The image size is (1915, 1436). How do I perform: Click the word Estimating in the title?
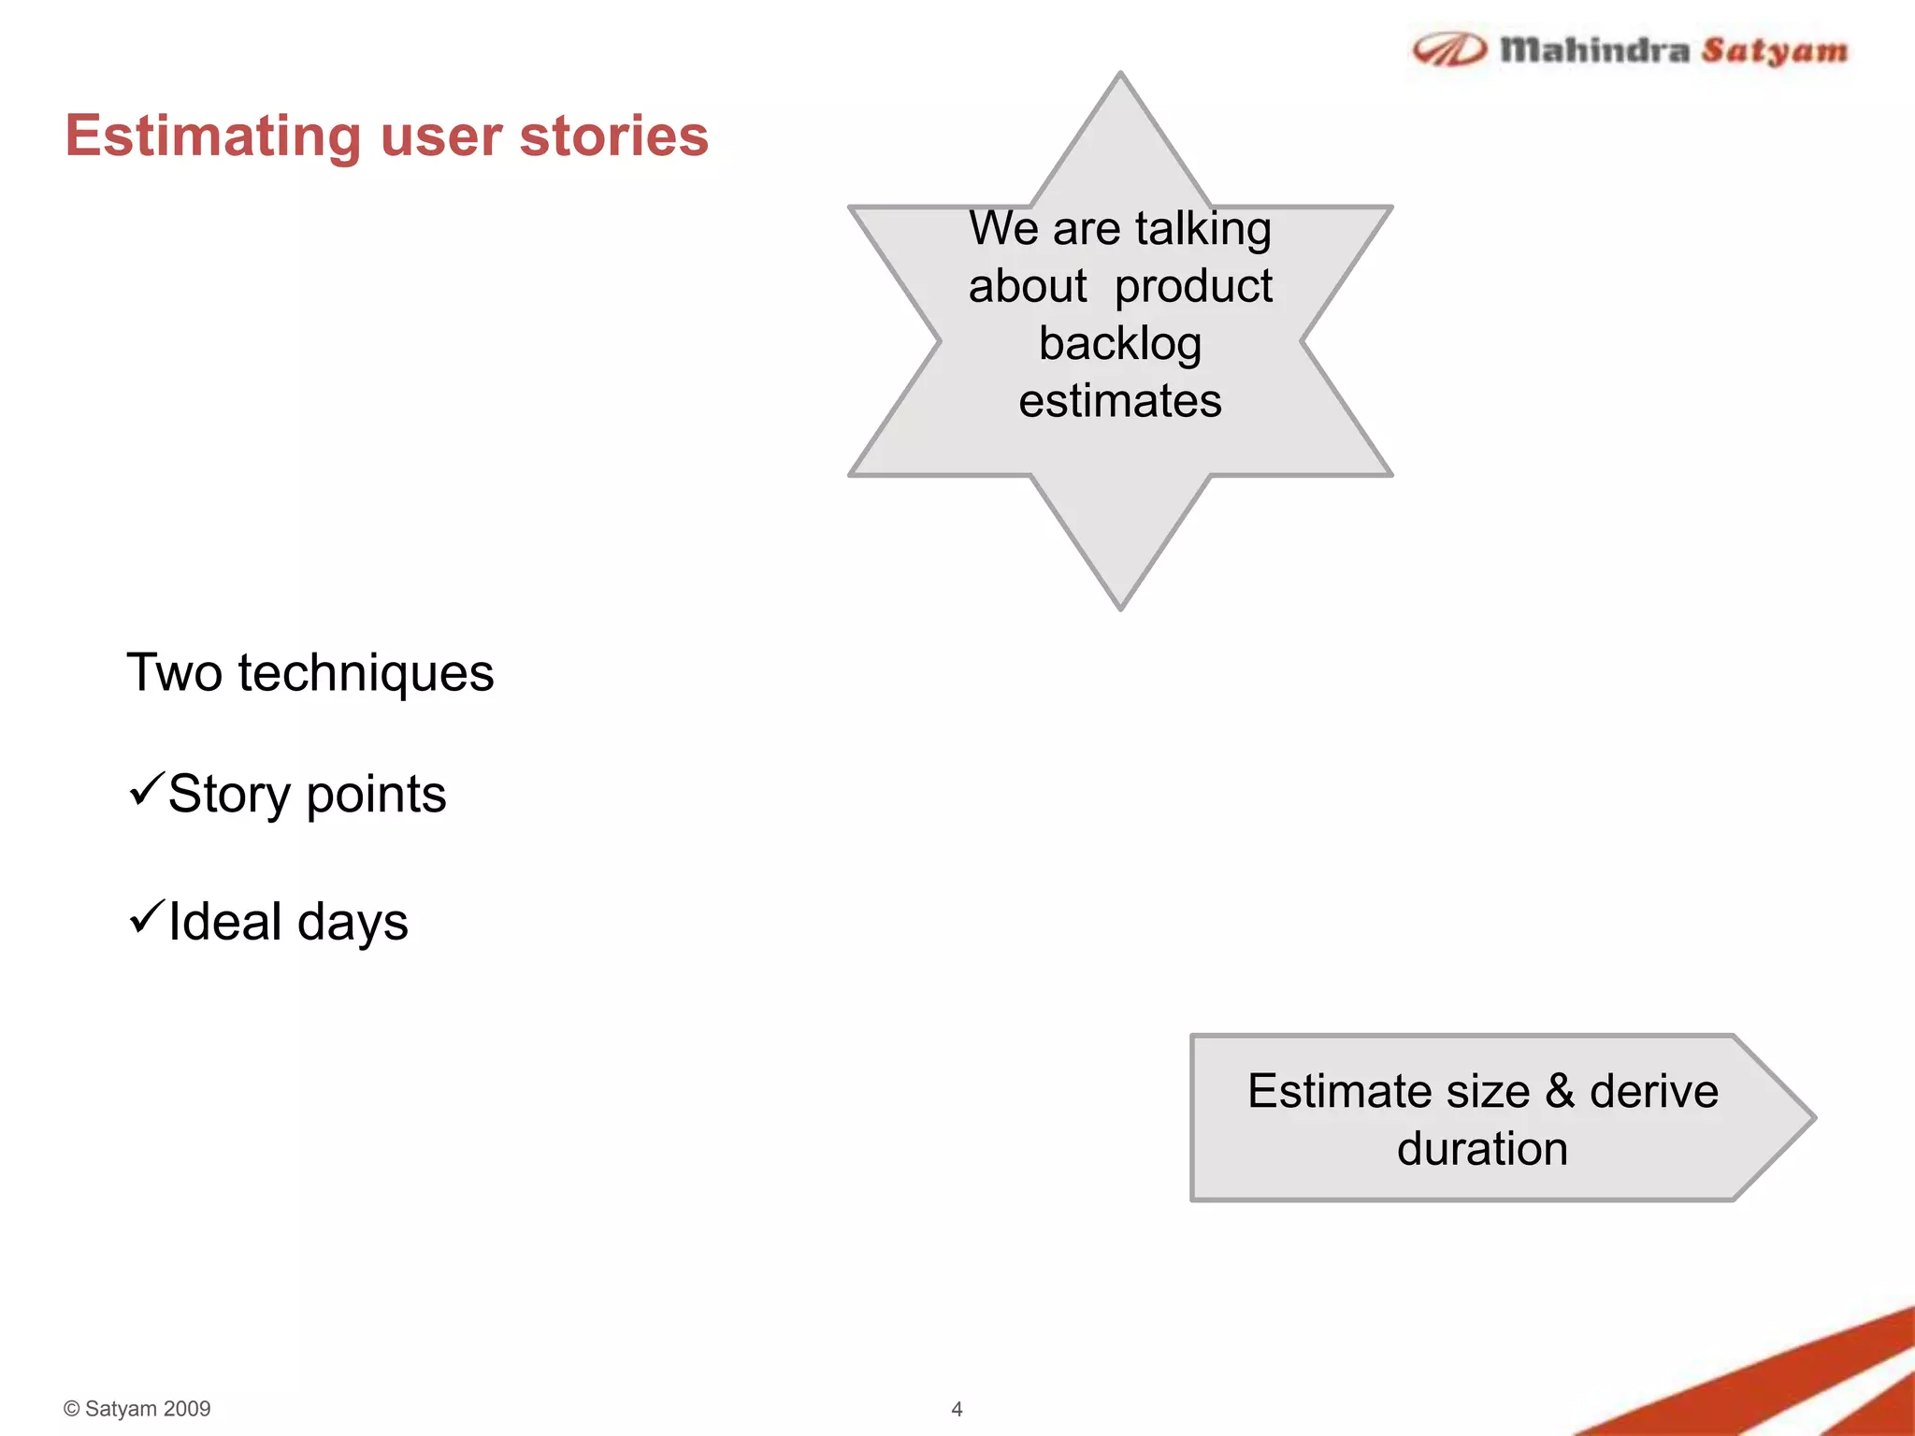pyautogui.click(x=212, y=136)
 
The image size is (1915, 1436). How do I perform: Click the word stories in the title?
pyautogui.click(x=613, y=136)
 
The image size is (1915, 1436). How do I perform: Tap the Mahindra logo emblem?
pyautogui.click(x=1448, y=50)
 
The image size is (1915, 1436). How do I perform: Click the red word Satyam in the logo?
pyautogui.click(x=1774, y=50)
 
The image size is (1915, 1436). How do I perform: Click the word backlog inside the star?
pyautogui.click(x=1120, y=344)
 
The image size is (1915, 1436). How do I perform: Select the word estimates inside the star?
pyautogui.click(x=1120, y=401)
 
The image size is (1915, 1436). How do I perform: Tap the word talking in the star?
pyautogui.click(x=1202, y=229)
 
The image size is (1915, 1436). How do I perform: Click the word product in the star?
pyautogui.click(x=1193, y=286)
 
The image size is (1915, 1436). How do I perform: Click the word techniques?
pyautogui.click(x=366, y=673)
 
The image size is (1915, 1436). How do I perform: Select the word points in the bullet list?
pyautogui.click(x=376, y=795)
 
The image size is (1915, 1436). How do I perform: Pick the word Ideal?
pyautogui.click(x=224, y=922)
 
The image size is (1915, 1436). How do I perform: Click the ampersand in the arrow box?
pyautogui.click(x=1560, y=1091)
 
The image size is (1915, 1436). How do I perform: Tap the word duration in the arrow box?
pyautogui.click(x=1482, y=1149)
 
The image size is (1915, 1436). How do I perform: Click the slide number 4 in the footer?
pyautogui.click(x=957, y=1409)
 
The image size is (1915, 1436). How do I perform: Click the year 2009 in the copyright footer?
pyautogui.click(x=187, y=1409)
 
